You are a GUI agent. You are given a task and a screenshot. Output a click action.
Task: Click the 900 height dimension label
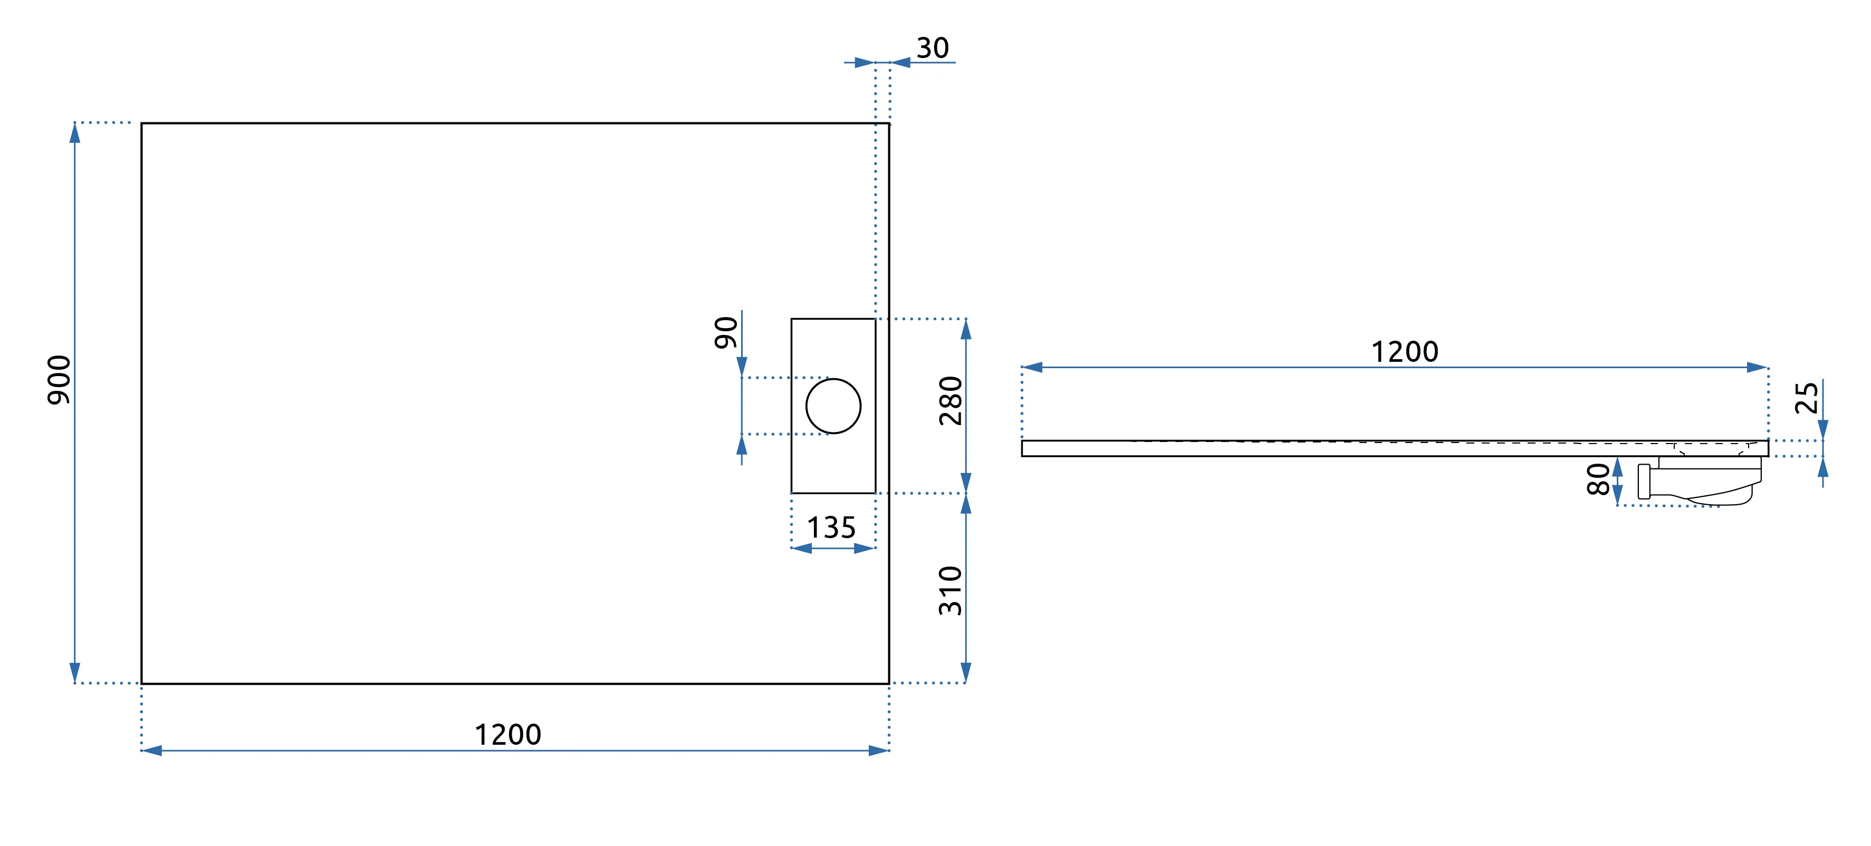coord(59,380)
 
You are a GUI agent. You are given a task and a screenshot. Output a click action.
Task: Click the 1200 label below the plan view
coord(507,735)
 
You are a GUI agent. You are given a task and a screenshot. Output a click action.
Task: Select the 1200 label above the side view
coord(1404,351)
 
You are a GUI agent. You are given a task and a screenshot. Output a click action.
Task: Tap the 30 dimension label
coord(933,48)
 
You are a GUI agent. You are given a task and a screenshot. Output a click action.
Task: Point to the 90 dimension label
coord(726,333)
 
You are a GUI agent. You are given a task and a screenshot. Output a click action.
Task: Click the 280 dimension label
coord(951,401)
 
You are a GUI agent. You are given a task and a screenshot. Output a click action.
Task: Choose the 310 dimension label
coord(951,590)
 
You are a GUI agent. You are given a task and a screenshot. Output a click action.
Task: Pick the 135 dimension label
coord(832,528)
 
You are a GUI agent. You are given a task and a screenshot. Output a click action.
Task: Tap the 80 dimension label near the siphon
coord(1599,480)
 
